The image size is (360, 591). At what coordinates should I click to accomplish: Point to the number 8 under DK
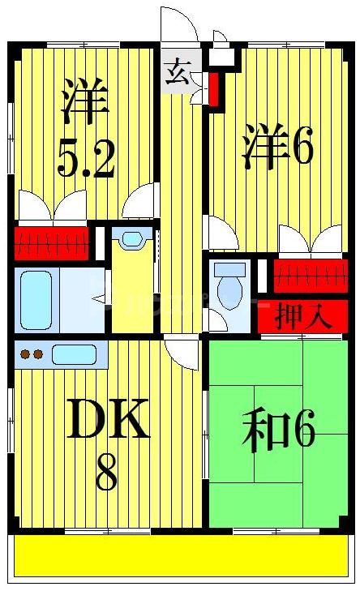pos(106,473)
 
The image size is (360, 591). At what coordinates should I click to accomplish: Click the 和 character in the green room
pos(265,432)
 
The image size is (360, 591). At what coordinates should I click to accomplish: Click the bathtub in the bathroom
pos(36,299)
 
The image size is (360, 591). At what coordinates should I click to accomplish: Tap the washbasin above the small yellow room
pos(131,238)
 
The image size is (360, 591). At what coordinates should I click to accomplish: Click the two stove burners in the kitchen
pos(31,354)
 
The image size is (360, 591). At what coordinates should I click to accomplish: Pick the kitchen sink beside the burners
pos(74,354)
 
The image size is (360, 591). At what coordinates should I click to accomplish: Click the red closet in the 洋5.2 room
pos(50,242)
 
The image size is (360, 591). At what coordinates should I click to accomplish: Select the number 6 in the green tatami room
pos(303,432)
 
